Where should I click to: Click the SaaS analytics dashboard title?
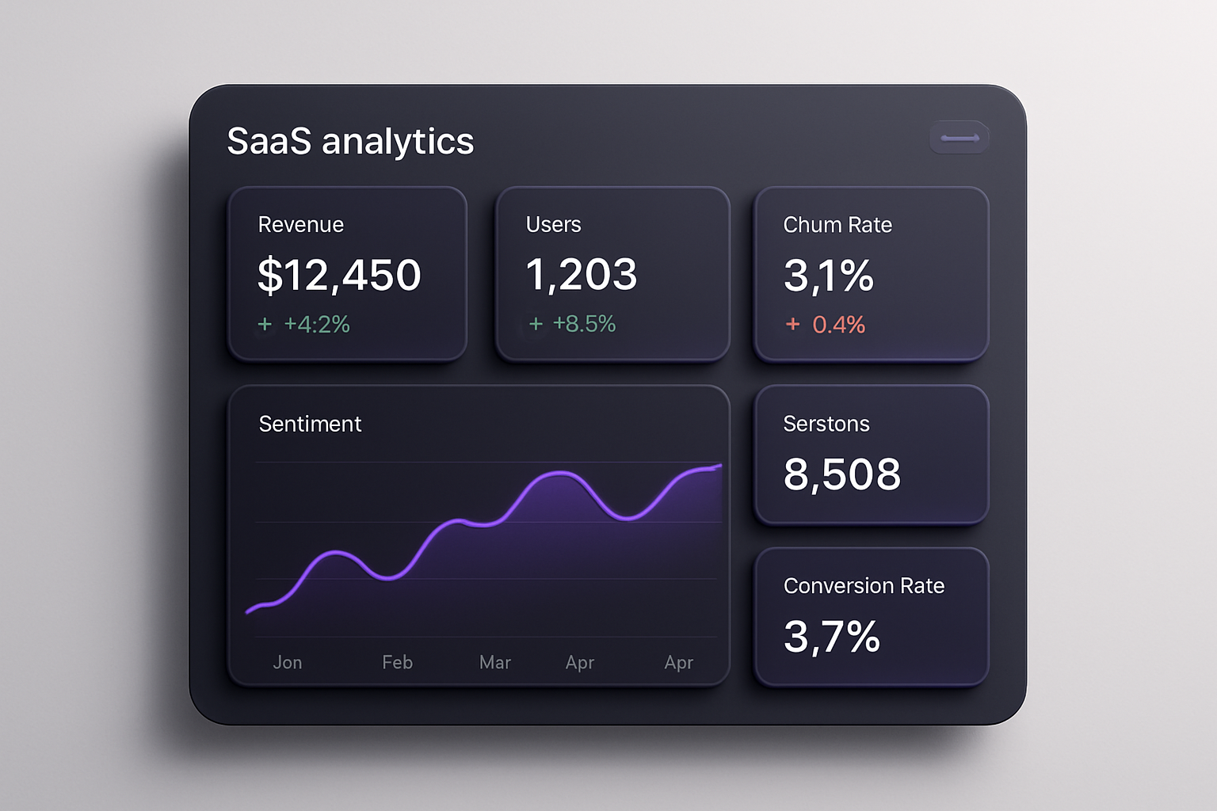click(350, 142)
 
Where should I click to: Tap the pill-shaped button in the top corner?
click(959, 138)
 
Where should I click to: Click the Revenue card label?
click(301, 225)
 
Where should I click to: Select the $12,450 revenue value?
click(339, 275)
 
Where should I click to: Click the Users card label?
click(553, 225)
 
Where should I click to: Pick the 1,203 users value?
click(582, 275)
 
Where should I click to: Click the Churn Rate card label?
click(837, 225)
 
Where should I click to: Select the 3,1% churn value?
click(829, 276)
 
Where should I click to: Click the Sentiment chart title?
click(310, 424)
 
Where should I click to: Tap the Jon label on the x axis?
click(288, 662)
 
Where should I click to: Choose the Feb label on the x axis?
click(397, 662)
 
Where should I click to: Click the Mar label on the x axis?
click(495, 662)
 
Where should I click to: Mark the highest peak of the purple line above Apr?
click(560, 473)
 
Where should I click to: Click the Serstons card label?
click(826, 424)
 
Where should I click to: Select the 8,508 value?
click(842, 474)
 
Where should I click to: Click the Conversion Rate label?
click(864, 586)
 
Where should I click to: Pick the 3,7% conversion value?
click(832, 637)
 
